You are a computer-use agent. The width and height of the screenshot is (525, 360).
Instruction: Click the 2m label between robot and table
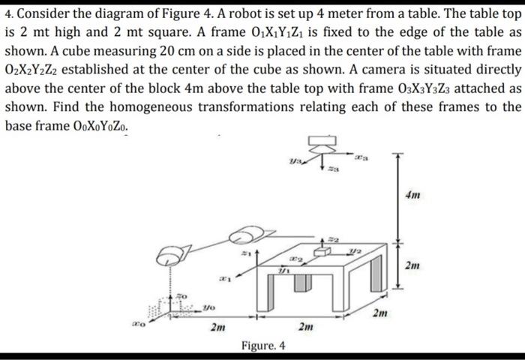tap(217, 327)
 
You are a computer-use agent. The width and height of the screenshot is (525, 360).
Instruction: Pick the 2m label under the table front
tap(306, 327)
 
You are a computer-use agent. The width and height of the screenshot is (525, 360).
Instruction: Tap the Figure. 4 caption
tap(262, 346)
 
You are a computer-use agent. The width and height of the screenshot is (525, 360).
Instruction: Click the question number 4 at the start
tap(8, 16)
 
